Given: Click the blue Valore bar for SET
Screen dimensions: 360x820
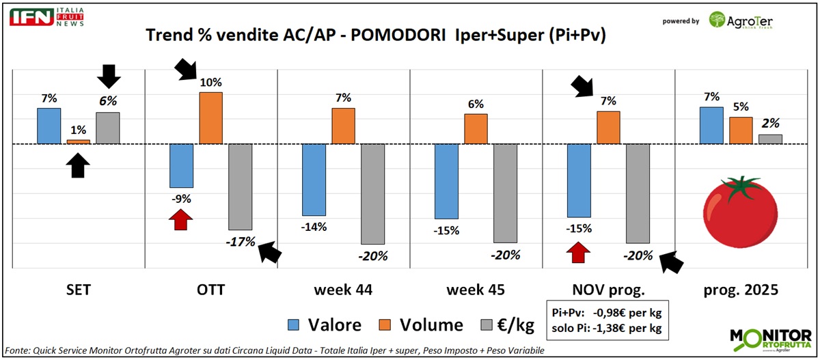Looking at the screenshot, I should click(49, 126).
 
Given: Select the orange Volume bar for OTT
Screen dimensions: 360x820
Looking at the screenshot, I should click(210, 117).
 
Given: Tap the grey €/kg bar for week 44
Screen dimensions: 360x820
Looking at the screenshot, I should click(372, 194).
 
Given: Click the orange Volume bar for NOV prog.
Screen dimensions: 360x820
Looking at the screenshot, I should click(608, 127).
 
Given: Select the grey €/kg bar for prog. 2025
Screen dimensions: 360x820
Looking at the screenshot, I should click(770, 139).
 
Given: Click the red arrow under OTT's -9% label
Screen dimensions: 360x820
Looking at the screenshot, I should click(181, 220).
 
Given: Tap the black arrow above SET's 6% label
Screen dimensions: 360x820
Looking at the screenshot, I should click(108, 76).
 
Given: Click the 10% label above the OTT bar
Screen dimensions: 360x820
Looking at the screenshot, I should click(210, 83).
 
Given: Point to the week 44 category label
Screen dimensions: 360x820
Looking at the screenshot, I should click(343, 290).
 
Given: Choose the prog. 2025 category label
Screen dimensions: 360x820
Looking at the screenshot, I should click(741, 290).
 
